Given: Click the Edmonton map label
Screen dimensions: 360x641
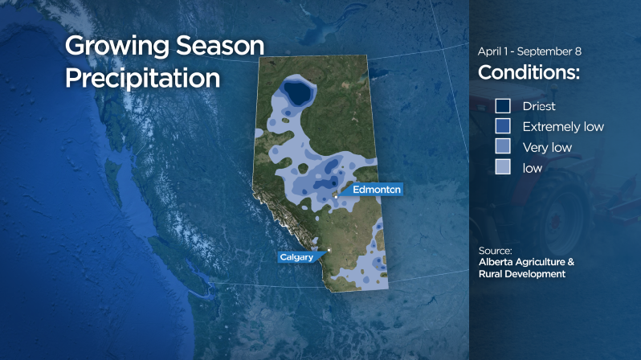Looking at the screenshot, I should (x=370, y=190).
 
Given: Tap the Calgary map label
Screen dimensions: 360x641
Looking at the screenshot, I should (x=297, y=257).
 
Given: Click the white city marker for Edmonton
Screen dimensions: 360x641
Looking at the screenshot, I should (x=335, y=195).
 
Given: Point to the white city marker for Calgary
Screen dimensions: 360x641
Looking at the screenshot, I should (x=329, y=250).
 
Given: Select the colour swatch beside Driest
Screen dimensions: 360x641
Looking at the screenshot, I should (x=503, y=106).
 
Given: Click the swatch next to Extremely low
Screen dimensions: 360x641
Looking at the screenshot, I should (x=503, y=126).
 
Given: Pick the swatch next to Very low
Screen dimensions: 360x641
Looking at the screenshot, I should (x=503, y=147).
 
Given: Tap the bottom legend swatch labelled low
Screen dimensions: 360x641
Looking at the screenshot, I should (x=503, y=168).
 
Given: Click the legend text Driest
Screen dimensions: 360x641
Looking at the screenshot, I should (x=538, y=106).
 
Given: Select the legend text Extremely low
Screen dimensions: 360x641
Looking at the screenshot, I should (x=562, y=127).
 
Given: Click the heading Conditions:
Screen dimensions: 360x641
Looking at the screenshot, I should (x=529, y=72).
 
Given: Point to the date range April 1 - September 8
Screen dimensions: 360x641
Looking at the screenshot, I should (x=529, y=51).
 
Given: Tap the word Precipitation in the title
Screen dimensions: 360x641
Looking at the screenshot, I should (x=142, y=78).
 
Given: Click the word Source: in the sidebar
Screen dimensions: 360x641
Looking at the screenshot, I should (x=495, y=250).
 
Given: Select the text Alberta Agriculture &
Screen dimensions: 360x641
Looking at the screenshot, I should (x=526, y=262).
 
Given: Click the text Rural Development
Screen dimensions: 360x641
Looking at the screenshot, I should (x=521, y=274).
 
